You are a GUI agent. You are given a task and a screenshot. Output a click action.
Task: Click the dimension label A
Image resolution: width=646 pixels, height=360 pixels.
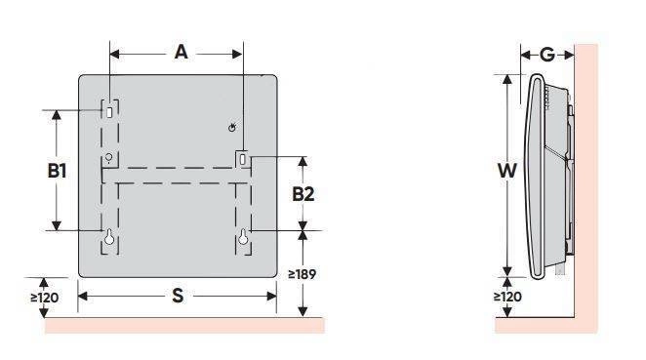[181, 53]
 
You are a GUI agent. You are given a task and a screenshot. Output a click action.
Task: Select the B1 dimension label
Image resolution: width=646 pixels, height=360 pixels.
[57, 171]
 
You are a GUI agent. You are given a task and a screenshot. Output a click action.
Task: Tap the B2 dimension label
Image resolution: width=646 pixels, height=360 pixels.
[303, 194]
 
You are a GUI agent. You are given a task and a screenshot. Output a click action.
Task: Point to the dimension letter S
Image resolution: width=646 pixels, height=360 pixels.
[178, 296]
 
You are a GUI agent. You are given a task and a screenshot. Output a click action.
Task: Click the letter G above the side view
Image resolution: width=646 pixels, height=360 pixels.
[547, 55]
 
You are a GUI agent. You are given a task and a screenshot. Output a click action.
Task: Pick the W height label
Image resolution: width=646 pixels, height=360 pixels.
[507, 170]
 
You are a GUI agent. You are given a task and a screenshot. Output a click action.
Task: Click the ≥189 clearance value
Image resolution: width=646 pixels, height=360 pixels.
[302, 274]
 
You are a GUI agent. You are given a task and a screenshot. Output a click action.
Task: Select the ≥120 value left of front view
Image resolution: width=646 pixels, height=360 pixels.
[45, 298]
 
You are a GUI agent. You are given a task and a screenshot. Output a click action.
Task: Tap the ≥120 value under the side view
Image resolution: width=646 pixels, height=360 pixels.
[507, 297]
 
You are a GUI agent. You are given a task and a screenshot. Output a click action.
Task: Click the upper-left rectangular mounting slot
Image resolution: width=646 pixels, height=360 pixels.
[109, 112]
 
